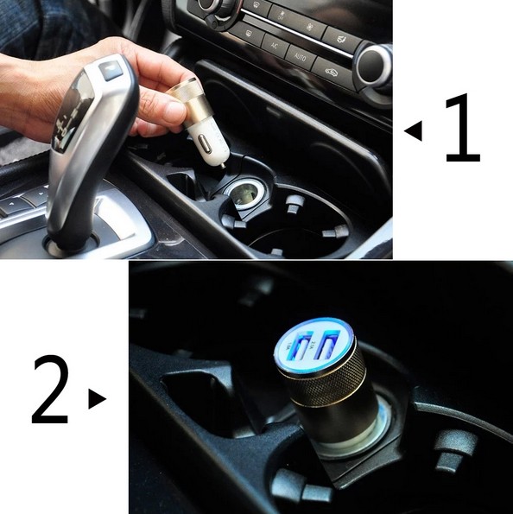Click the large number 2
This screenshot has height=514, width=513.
50,389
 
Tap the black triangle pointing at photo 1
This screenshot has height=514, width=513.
414,130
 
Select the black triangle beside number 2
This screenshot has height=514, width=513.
97,399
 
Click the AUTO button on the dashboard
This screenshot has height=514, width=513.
301,57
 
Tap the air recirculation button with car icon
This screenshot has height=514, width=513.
332,72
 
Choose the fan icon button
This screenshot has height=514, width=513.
309,27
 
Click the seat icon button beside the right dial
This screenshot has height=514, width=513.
341,40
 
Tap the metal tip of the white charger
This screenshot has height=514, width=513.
224,166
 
